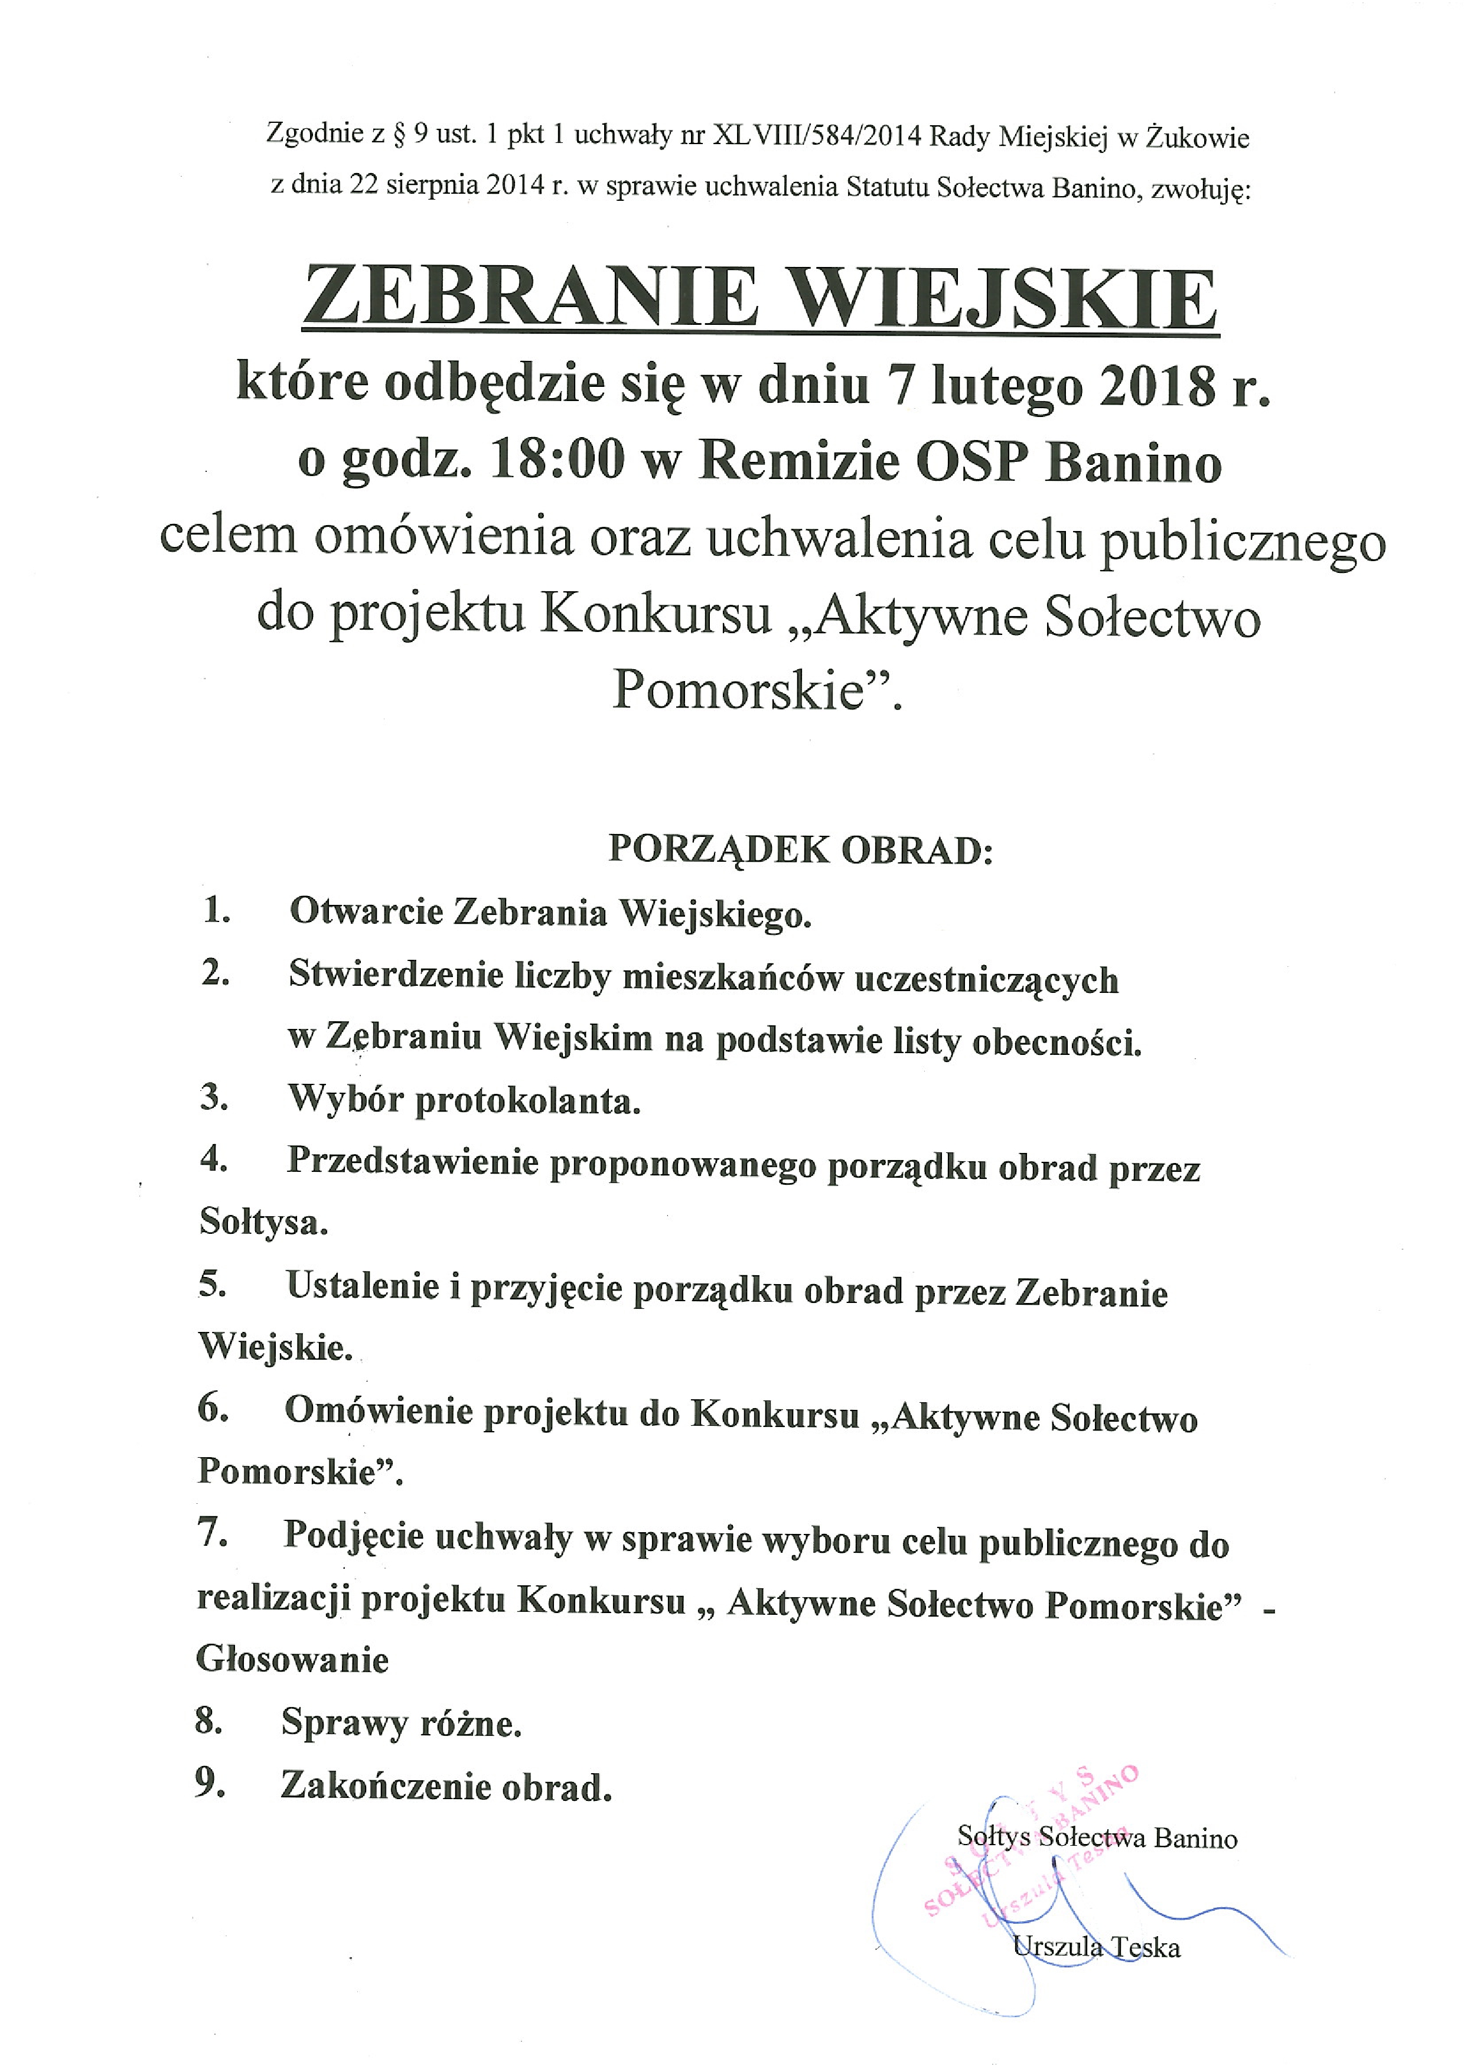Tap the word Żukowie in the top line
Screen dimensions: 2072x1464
pyautogui.click(x=1197, y=138)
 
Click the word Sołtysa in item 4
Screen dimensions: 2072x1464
pyautogui.click(x=262, y=1223)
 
